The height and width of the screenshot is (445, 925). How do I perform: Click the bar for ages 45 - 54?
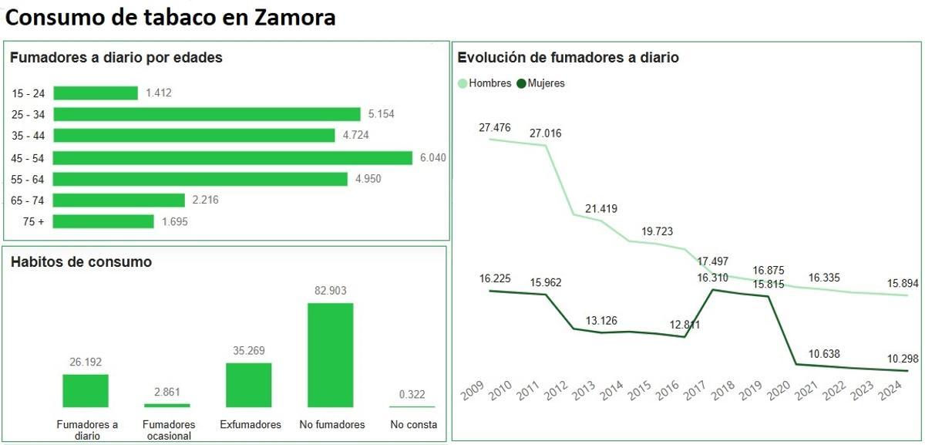point(233,158)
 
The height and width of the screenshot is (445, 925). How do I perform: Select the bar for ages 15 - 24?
point(96,93)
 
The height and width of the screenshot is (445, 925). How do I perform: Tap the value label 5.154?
point(382,114)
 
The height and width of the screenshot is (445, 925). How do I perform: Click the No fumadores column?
point(331,355)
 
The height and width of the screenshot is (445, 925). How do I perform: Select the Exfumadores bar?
point(249,385)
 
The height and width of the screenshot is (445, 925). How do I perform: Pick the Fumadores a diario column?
point(86,390)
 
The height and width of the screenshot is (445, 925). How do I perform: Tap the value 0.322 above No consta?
point(412,395)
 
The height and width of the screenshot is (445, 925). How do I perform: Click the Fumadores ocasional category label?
point(169,430)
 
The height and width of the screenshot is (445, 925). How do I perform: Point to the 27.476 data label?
point(494,128)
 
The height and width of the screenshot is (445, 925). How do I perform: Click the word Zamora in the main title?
point(294,17)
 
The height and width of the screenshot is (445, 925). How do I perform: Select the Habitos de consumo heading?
point(81,262)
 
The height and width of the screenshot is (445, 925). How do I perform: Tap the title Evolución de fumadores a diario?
point(568,58)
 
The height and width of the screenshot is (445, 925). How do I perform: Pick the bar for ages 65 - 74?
point(119,201)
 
